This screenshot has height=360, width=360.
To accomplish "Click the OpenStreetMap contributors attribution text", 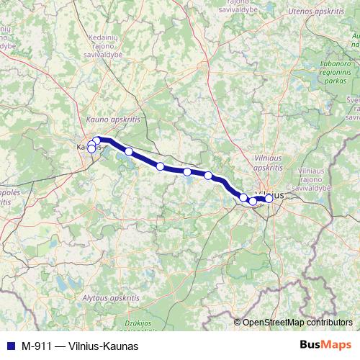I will click(297, 323).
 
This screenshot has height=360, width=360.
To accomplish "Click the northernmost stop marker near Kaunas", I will click(97, 140).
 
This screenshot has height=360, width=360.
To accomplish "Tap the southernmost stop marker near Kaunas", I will click(91, 149).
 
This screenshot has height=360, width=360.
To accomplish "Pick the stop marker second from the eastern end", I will click(253, 201).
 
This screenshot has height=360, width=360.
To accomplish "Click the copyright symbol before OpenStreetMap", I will click(237, 323).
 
